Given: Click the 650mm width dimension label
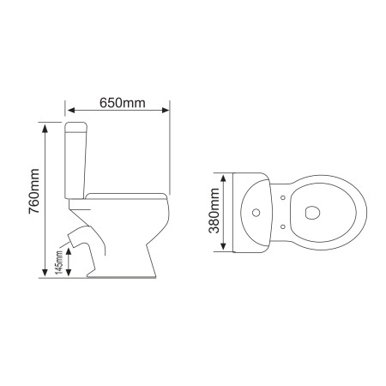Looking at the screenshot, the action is [x=123, y=103].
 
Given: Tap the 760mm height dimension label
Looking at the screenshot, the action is [x=33, y=191].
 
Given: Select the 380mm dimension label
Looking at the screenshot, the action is [x=214, y=210].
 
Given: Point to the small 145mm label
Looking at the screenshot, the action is [x=59, y=262].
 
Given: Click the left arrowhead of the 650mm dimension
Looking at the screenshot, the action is [x=70, y=110].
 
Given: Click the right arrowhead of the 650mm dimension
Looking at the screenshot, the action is [x=166, y=110].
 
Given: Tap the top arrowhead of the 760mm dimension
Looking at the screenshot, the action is [x=45, y=129].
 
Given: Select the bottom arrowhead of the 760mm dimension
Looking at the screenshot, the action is [x=45, y=273].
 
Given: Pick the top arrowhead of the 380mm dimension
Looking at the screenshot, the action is [x=224, y=178].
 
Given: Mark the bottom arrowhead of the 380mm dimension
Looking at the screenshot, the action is [x=224, y=246].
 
